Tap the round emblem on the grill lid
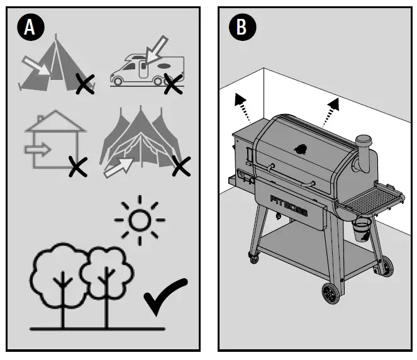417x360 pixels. tap(302, 149)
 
